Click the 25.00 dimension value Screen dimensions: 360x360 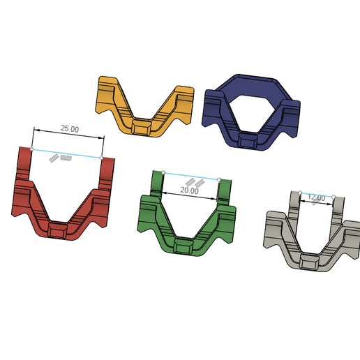point(70,128)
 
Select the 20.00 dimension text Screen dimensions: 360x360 point(190,190)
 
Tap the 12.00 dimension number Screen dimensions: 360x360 point(316,197)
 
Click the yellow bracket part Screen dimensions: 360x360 point(144,106)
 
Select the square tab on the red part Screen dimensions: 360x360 point(58,230)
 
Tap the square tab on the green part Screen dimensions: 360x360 point(183,247)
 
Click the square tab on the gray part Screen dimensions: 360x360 point(309,262)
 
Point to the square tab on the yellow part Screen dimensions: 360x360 point(142,127)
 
